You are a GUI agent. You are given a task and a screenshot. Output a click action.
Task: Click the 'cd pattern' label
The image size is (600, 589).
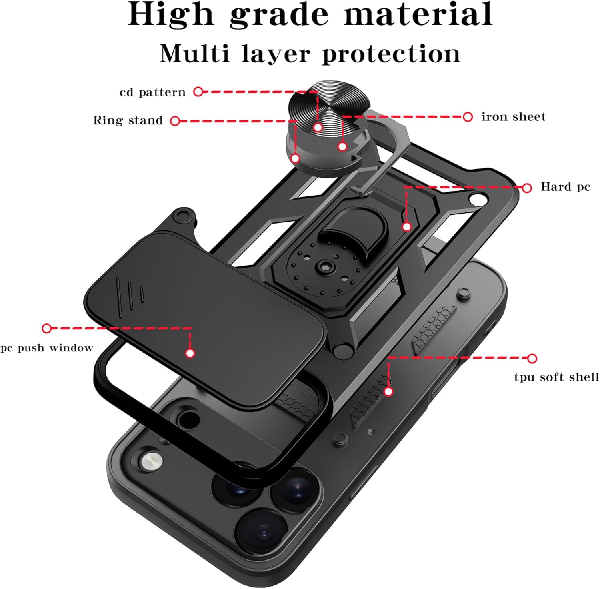click(x=152, y=92)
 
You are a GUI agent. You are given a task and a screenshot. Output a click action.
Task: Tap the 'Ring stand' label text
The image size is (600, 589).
click(x=128, y=120)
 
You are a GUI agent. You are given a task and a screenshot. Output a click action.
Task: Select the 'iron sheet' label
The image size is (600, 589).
click(x=514, y=116)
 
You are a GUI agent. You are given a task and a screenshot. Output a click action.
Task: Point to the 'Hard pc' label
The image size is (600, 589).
click(x=566, y=186)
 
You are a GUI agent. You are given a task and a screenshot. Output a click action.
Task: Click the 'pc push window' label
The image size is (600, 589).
click(x=47, y=348)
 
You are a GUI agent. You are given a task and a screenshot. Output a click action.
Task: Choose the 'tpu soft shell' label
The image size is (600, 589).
click(x=556, y=377)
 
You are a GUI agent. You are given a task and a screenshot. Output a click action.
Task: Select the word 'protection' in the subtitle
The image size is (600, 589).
click(x=391, y=54)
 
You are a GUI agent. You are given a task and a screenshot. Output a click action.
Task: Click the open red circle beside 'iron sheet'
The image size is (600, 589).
click(x=468, y=117)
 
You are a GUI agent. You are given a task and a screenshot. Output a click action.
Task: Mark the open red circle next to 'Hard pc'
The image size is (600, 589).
click(x=527, y=188)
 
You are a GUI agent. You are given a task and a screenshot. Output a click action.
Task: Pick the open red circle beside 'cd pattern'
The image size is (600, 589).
click(x=198, y=92)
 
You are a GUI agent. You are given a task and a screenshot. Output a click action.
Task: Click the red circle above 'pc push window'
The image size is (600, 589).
click(x=47, y=329)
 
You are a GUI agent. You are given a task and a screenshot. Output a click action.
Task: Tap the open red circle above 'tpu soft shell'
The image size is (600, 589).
click(x=532, y=358)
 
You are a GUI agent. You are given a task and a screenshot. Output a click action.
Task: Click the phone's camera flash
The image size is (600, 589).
click(x=151, y=461)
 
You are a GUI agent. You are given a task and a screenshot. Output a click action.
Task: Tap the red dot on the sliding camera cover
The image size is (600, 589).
click(x=190, y=353)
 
